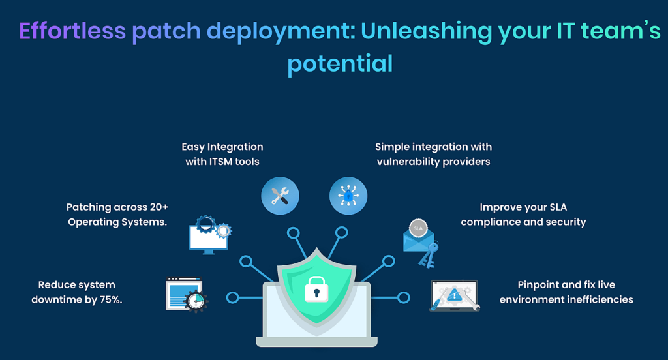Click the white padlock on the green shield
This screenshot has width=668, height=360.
[316, 290]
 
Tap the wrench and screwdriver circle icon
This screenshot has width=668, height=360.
[280, 196]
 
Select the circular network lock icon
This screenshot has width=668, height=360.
[348, 196]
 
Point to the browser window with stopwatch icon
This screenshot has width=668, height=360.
[187, 294]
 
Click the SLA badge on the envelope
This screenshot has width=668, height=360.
[418, 228]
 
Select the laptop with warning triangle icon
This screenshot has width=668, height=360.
[455, 295]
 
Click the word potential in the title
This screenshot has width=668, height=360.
[340, 64]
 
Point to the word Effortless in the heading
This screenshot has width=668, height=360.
[72, 31]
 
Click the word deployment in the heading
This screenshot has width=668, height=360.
[281, 32]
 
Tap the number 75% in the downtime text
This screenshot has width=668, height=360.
[111, 299]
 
